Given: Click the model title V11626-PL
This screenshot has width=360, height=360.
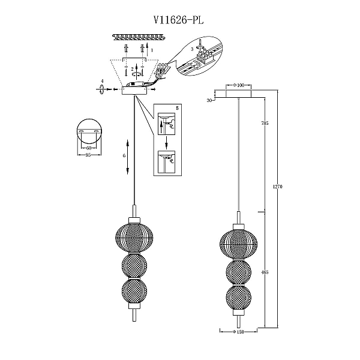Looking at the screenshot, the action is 178,20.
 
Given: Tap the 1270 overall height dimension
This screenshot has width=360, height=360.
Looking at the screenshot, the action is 277,187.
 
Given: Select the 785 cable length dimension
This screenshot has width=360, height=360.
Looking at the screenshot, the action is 265,123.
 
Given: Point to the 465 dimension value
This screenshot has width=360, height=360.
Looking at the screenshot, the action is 265,272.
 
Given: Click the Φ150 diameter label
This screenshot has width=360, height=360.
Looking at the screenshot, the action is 238,332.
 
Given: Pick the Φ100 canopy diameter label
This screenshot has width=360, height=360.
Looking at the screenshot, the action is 239,85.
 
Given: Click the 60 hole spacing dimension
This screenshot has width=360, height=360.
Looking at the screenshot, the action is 89,148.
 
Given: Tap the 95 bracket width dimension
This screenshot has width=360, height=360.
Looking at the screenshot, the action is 88,155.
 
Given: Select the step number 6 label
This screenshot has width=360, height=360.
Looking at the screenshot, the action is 124,155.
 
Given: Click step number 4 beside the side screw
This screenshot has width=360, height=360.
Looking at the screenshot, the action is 103,81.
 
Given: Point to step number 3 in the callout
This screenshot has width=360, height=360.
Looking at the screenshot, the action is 192,49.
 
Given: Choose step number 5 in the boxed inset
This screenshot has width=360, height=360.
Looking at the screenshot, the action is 177,108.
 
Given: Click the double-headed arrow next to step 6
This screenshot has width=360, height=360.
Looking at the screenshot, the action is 128,157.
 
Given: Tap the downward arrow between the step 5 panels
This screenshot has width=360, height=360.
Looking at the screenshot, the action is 167,142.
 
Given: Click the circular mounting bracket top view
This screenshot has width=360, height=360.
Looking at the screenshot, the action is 89,131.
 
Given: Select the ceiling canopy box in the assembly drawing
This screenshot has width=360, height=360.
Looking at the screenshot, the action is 135,91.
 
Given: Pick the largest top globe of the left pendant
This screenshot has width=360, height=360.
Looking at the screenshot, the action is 134,238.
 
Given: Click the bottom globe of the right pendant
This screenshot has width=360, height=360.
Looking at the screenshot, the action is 238,298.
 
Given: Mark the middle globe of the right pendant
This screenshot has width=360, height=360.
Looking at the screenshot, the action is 238,272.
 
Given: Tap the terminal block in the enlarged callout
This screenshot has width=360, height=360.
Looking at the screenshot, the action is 205,57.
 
